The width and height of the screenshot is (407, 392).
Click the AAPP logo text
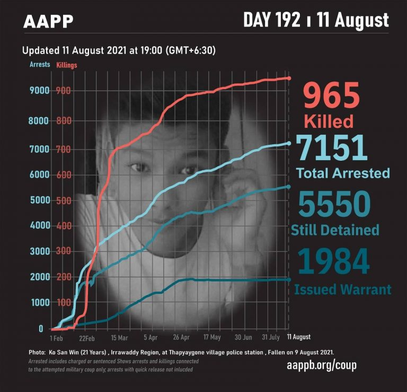pyautogui.click(x=48, y=21)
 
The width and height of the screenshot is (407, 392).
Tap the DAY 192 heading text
pyautogui.click(x=274, y=20)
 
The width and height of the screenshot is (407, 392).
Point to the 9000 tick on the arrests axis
pyautogui.click(x=39, y=91)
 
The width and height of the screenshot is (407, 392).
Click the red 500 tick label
pyautogui.click(x=62, y=201)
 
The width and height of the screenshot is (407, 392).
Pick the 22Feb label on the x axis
pyautogui.click(x=87, y=337)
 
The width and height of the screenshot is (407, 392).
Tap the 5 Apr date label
pyautogui.click(x=151, y=337)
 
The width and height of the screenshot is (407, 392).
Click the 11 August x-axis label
pyautogui.click(x=299, y=337)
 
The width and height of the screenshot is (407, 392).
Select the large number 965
pyautogui.click(x=331, y=96)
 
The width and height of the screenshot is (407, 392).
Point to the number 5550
pyautogui.click(x=333, y=204)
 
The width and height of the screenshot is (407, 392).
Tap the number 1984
pyautogui.click(x=333, y=261)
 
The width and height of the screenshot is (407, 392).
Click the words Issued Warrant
pyautogui.click(x=342, y=290)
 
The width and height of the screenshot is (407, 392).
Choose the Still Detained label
pyautogui.click(x=335, y=230)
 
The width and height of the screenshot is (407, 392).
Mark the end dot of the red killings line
pyautogui.click(x=289, y=79)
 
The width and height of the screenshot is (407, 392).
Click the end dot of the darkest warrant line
pyautogui.click(x=289, y=279)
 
